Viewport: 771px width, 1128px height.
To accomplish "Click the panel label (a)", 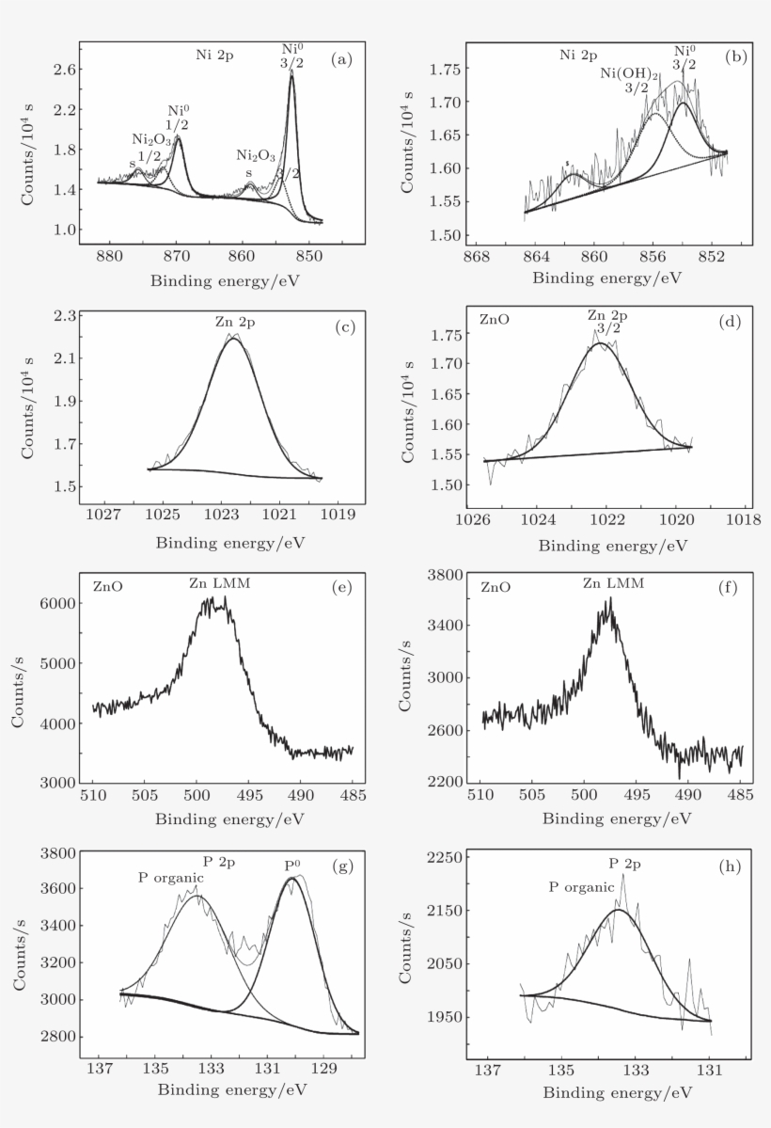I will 340,59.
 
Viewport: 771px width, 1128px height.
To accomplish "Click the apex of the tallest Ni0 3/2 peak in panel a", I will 291,74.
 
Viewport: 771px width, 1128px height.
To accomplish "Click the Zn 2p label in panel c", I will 234,323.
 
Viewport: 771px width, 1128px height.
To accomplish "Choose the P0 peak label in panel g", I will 294,865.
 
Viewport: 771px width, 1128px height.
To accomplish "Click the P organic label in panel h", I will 581,886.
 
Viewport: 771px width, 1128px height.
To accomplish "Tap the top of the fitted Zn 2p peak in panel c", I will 232,339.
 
